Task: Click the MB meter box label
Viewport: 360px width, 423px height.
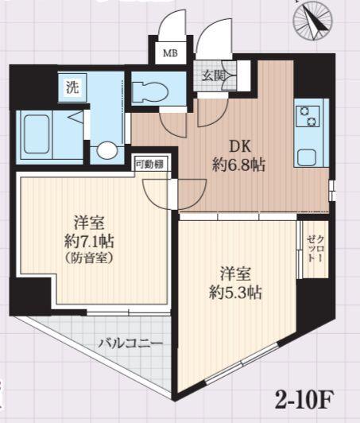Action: click(170, 53)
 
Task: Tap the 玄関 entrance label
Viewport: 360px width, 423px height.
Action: click(214, 76)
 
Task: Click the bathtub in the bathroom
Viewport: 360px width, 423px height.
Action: click(37, 134)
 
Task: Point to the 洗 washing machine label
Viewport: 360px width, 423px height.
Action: click(72, 87)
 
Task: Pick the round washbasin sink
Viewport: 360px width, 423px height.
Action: click(107, 150)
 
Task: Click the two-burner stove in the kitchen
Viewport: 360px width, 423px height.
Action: click(308, 117)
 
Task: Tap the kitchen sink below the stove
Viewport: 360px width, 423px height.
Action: click(307, 157)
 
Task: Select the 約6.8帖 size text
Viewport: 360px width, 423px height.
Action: click(238, 165)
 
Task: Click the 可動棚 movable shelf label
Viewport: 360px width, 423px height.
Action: click(149, 164)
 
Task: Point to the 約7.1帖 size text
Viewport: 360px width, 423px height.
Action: click(89, 241)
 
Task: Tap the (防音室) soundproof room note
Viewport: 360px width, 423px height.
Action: click(89, 258)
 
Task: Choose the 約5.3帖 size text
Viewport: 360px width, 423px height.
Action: click(235, 292)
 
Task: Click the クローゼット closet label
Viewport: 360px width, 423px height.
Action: click(315, 248)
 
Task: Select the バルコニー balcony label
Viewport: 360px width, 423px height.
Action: click(131, 343)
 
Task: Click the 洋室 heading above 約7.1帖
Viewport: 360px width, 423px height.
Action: click(89, 223)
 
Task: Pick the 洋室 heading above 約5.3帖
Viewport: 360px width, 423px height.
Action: click(235, 274)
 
